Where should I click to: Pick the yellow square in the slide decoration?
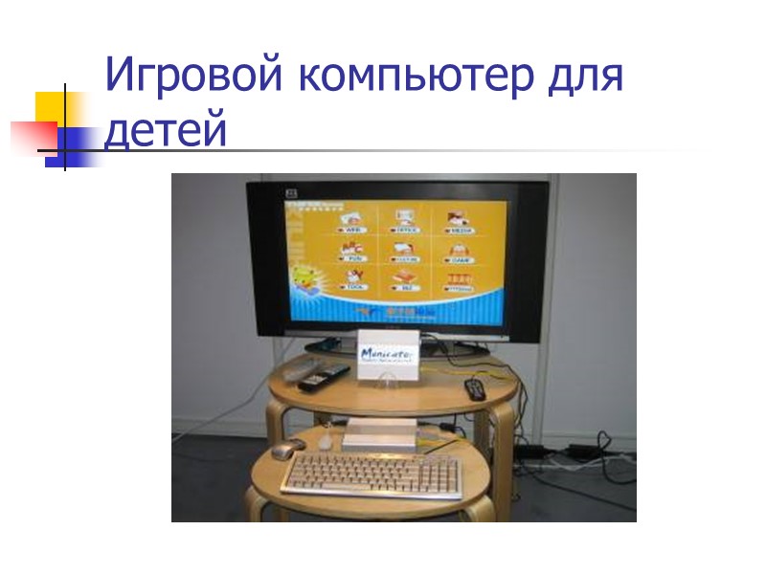[x=56, y=110]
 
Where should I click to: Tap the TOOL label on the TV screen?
[x=355, y=286]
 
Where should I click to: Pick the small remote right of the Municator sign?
[x=474, y=388]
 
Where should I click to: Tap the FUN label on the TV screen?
[x=351, y=259]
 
